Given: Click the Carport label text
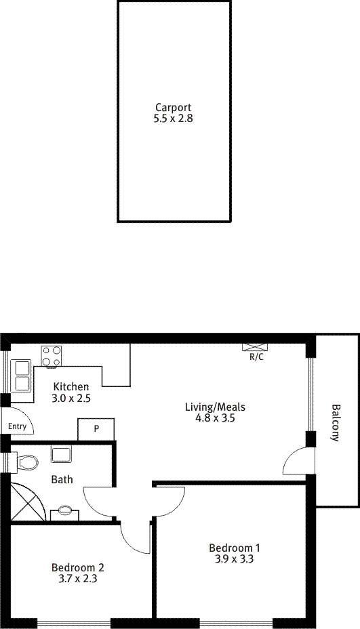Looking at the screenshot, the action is [174, 108].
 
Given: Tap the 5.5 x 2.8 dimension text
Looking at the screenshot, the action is [174, 119].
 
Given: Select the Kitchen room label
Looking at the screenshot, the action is [71, 387].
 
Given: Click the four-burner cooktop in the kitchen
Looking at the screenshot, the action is [52, 356].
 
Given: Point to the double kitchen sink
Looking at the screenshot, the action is [22, 376].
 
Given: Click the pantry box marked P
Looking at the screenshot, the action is [96, 429].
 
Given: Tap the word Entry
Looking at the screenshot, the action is [17, 426].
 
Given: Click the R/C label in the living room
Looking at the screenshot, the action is [256, 357].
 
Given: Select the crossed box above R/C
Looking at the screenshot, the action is [255, 348].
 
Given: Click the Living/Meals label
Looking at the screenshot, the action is [215, 407].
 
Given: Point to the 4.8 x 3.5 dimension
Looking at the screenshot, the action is [215, 418].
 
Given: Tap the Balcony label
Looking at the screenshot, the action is [335, 423].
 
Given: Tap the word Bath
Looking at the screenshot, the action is [62, 479].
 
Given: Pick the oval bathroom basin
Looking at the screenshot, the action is [65, 510].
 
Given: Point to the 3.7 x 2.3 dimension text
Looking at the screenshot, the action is [78, 579].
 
